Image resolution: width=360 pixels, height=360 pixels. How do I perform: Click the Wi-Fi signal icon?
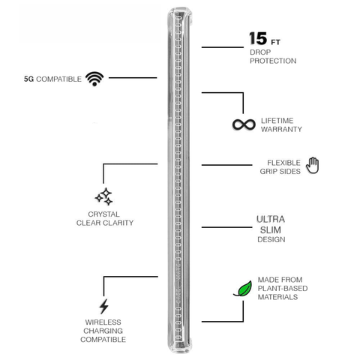click(94, 79)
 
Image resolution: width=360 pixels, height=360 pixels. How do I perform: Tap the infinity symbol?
click(244, 124)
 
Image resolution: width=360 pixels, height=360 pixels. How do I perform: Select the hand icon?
click(313, 165)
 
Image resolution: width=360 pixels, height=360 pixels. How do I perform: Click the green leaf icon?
click(243, 289)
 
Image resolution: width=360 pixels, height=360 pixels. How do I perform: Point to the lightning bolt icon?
click(103, 306)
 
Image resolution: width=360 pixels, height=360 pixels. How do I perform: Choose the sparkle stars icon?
click(103, 196)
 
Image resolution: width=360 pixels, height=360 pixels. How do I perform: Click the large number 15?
click(258, 38)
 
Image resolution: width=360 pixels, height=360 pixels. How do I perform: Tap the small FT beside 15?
click(275, 42)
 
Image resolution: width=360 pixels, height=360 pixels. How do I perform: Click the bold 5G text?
click(28, 79)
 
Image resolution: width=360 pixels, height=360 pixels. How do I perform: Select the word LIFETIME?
click(277, 121)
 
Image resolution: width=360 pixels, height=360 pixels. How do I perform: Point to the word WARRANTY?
click(281, 129)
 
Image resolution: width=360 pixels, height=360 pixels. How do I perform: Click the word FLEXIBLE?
click(283, 163)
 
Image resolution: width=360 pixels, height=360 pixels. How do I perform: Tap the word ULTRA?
click(271, 219)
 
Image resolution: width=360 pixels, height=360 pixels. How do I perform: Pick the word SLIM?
click(271, 229)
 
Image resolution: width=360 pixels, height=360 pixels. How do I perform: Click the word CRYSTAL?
click(103, 214)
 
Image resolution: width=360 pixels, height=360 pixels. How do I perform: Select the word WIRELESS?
click(103, 322)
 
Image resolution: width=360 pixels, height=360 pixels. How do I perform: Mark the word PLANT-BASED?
click(283, 288)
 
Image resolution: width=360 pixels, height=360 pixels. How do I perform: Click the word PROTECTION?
click(273, 61)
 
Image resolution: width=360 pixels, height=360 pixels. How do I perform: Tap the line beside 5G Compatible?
click(133, 78)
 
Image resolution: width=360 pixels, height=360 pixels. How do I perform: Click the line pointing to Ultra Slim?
click(226, 227)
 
